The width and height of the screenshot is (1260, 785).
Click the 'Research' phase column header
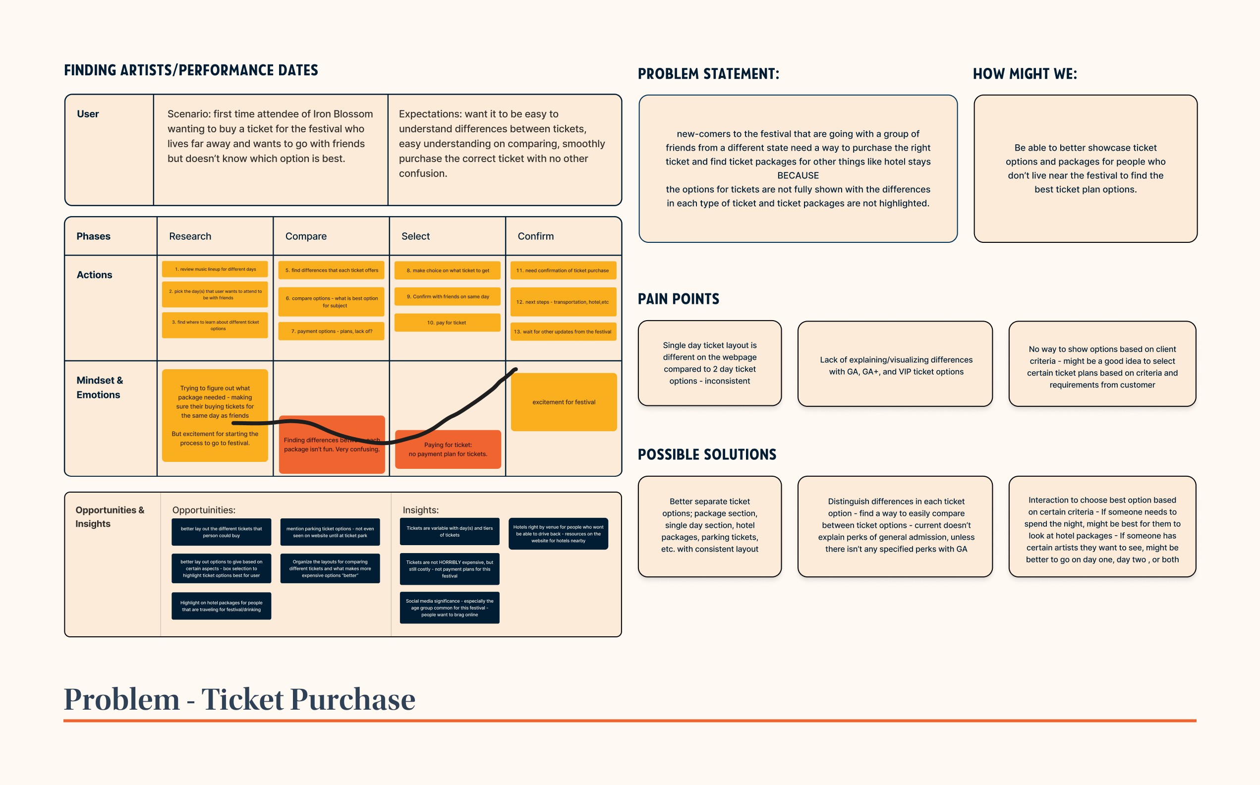(190, 236)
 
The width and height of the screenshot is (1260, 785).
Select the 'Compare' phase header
(306, 236)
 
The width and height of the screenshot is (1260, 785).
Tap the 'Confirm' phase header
(535, 236)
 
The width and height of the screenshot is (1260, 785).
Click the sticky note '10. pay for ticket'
(447, 323)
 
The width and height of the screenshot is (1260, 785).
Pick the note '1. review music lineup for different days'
(215, 269)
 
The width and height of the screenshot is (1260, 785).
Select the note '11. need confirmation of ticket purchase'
(563, 271)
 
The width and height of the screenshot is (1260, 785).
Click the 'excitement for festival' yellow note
(563, 402)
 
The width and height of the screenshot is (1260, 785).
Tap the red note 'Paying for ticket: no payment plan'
(448, 449)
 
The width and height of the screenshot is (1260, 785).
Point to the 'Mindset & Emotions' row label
(99, 388)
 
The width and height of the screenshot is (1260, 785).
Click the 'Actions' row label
(94, 275)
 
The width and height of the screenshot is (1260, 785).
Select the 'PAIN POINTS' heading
(678, 299)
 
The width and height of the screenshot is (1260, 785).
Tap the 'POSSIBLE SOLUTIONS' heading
(706, 455)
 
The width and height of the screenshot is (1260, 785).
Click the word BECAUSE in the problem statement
(798, 175)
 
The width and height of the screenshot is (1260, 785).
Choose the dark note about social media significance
(449, 608)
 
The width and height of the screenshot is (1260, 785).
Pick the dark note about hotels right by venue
(558, 534)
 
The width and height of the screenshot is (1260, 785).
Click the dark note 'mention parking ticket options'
(330, 532)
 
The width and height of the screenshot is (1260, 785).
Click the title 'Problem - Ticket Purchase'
(239, 699)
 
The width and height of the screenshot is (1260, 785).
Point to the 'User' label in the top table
(88, 114)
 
